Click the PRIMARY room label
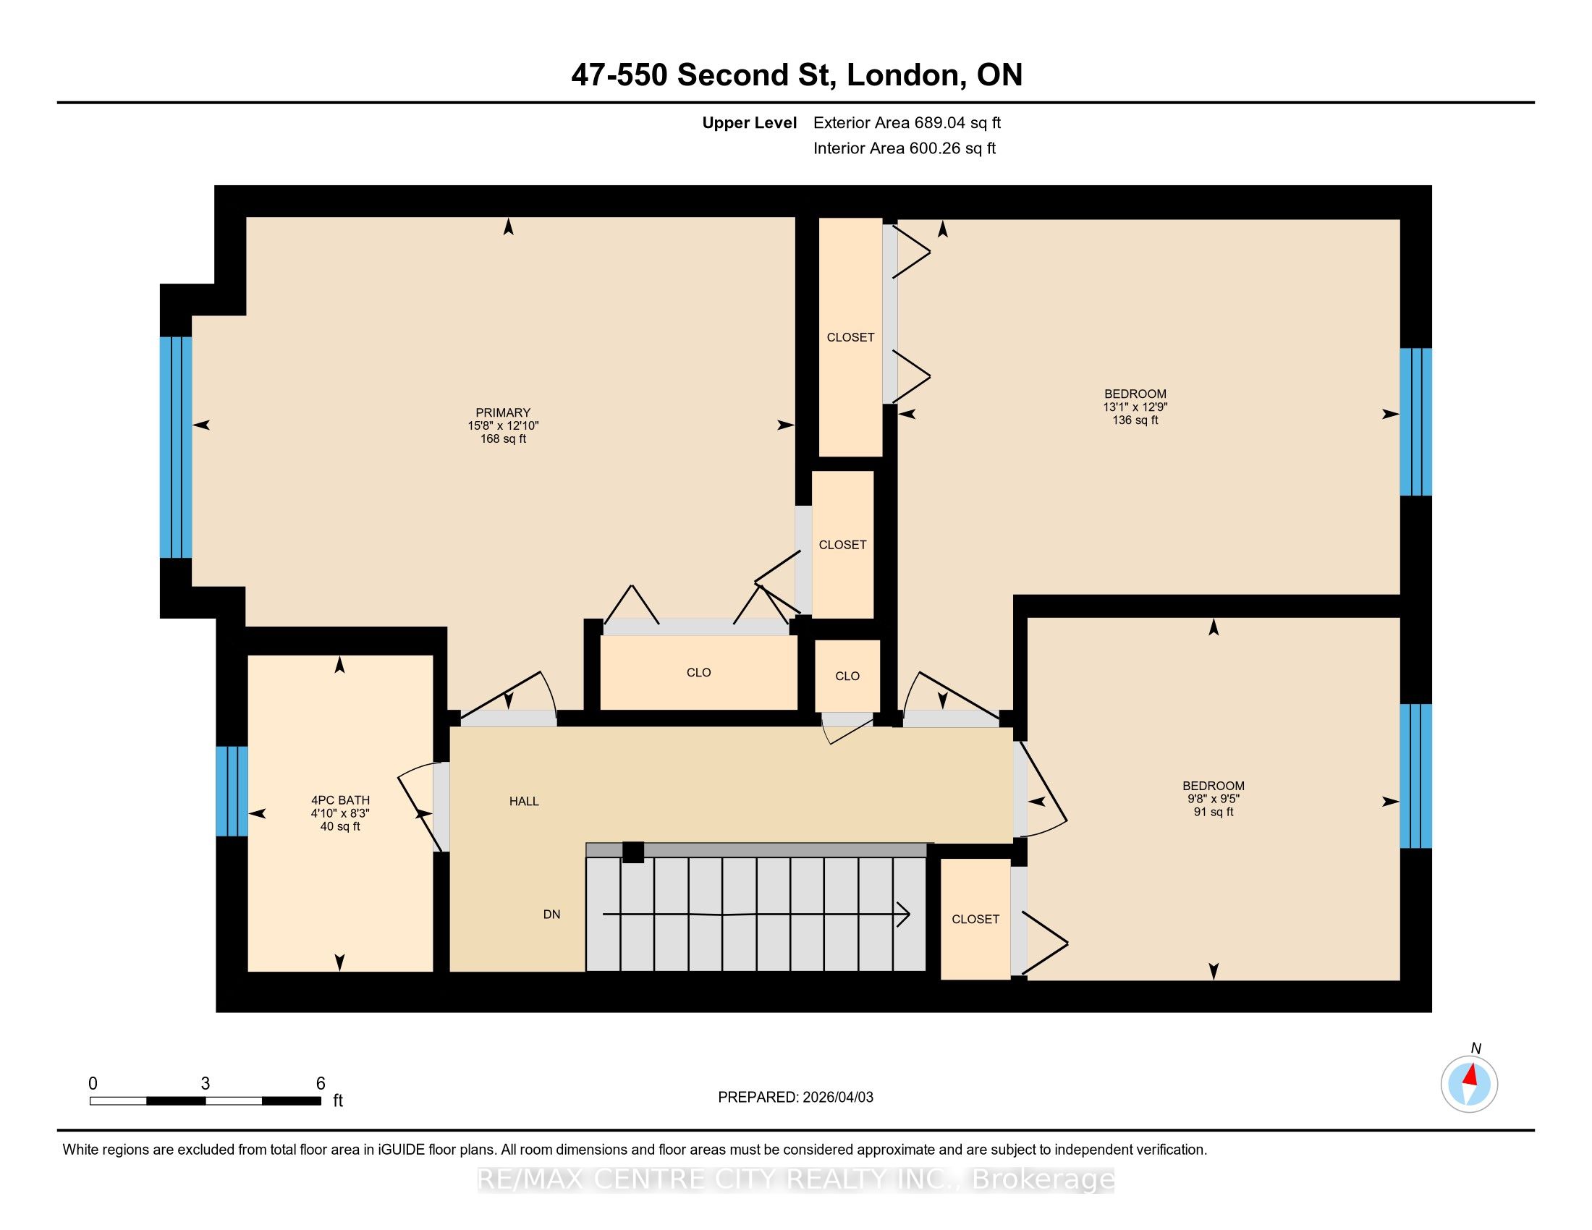[x=503, y=412]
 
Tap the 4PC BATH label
[x=340, y=800]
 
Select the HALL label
[x=524, y=802]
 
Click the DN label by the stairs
[x=552, y=915]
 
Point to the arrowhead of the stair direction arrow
[x=905, y=914]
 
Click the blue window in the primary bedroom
[x=177, y=447]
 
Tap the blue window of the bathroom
[x=232, y=792]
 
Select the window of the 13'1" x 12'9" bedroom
[x=1415, y=422]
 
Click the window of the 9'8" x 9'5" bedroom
[x=1415, y=776]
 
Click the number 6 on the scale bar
[x=320, y=1084]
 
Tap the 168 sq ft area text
[x=503, y=438]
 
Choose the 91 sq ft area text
[x=1214, y=812]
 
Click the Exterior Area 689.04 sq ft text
[x=907, y=122]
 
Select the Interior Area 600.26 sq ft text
[x=905, y=148]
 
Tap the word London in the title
[x=902, y=75]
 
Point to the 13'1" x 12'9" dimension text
[x=1135, y=407]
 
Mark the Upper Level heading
[x=750, y=123]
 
